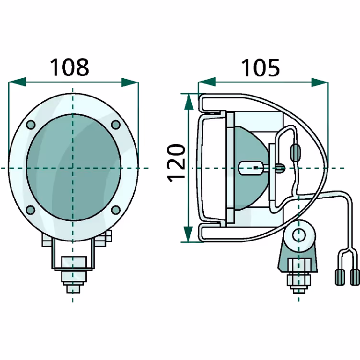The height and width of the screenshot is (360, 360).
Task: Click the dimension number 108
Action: tap(70, 67)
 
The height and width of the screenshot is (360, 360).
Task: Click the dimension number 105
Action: tap(261, 68)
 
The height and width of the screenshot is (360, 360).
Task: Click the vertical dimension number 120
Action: tap(176, 163)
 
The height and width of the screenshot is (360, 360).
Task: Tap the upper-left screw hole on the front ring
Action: tap(31, 125)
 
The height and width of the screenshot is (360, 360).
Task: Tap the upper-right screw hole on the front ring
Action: tap(116, 125)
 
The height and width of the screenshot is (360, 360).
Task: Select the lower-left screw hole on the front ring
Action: tap(30, 210)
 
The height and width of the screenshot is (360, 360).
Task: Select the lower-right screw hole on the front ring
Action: tap(116, 210)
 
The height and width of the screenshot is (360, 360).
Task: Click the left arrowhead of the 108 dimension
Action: tap(17, 82)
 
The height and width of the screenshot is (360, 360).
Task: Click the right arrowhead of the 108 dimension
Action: tap(130, 82)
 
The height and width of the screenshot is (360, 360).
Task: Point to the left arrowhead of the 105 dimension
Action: tap(207, 82)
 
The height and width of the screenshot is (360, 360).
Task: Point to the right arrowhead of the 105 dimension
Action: tap(320, 82)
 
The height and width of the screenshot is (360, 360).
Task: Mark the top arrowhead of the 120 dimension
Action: tap(188, 102)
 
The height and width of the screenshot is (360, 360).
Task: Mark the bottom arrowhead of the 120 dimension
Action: tap(188, 234)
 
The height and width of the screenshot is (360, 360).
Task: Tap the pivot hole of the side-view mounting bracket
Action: tap(299, 235)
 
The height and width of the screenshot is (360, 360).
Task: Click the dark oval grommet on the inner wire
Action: tap(295, 153)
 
